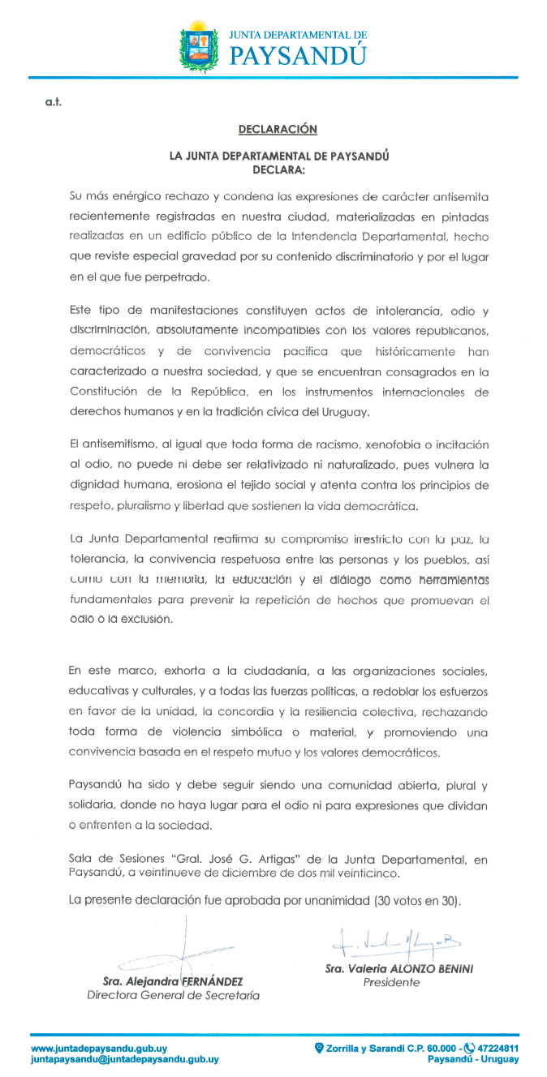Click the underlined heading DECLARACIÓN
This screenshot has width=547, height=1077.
(x=278, y=130)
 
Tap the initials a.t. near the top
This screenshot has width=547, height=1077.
(x=54, y=101)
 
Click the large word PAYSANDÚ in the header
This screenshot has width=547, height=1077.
(x=299, y=55)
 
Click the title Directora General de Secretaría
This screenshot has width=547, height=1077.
(x=174, y=995)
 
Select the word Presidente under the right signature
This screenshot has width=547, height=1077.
(x=391, y=982)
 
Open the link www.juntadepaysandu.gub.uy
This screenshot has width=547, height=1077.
(x=99, y=1048)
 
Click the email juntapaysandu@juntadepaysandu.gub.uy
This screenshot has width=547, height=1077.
(x=124, y=1059)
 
